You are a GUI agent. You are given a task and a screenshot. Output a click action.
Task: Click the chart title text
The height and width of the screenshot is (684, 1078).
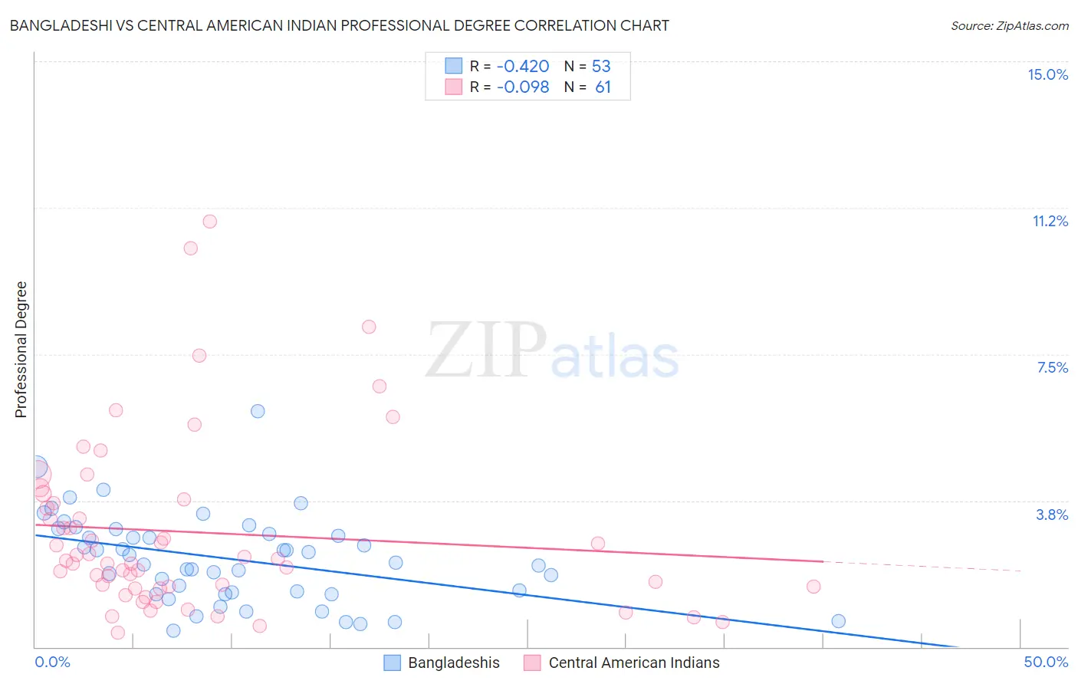click(339, 25)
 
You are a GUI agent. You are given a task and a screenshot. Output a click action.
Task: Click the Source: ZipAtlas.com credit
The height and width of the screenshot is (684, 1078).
click(1009, 25)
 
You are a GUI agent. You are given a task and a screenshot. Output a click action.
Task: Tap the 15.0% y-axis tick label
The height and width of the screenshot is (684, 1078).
click(1047, 74)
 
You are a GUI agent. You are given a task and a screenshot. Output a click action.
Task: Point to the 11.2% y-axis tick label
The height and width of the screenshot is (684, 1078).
click(1050, 221)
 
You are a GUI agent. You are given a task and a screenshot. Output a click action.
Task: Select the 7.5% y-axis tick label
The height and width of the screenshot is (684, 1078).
click(1052, 367)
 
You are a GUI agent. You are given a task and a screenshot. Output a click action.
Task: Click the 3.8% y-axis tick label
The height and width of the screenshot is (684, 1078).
click(1052, 515)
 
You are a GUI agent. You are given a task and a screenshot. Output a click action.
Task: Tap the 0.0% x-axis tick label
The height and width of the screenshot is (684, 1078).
click(52, 662)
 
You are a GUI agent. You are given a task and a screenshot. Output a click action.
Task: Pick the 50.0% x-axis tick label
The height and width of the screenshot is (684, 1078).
click(1046, 662)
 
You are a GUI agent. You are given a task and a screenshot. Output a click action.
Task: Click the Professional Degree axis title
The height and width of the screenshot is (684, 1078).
click(21, 350)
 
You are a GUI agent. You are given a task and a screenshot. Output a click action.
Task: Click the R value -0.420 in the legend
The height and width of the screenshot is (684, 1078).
click(523, 67)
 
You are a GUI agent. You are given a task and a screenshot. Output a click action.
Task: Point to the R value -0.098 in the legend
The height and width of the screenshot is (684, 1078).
click(523, 87)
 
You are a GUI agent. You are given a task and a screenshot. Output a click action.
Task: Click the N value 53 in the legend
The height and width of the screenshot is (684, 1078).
click(601, 67)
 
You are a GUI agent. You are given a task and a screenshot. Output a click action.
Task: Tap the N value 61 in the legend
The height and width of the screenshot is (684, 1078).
click(603, 87)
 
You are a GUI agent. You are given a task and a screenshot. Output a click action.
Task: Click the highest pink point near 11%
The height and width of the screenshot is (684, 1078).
click(209, 222)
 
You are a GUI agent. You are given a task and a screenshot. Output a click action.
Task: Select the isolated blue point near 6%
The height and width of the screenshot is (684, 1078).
click(258, 411)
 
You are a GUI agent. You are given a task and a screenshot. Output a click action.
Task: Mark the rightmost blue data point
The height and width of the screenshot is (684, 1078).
click(838, 621)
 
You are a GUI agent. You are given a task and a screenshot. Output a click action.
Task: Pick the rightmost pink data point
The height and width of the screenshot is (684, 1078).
click(813, 587)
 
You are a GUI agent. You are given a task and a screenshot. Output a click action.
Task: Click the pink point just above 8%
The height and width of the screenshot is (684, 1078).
click(369, 327)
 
